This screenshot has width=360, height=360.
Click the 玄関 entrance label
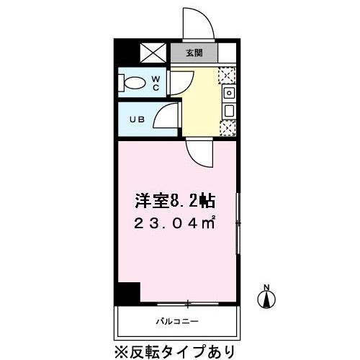click(194, 53)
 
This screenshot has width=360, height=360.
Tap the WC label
click(156, 84)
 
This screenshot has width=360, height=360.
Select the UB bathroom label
click(138, 120)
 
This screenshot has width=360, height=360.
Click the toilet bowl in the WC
click(132, 83)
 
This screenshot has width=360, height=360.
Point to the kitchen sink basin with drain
click(229, 93)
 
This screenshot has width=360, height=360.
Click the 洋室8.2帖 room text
click(175, 201)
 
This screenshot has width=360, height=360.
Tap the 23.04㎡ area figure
click(174, 224)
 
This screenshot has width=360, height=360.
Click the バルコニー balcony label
click(177, 321)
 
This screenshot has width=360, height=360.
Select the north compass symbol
click(266, 300)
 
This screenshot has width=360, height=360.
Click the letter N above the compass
click(266, 287)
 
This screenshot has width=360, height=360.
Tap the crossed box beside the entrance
click(153, 53)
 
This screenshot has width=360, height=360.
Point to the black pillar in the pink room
click(129, 292)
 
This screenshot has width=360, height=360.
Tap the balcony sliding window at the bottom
click(188, 304)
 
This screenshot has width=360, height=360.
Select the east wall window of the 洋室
click(238, 223)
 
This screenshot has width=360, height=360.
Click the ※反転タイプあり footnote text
click(174, 352)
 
